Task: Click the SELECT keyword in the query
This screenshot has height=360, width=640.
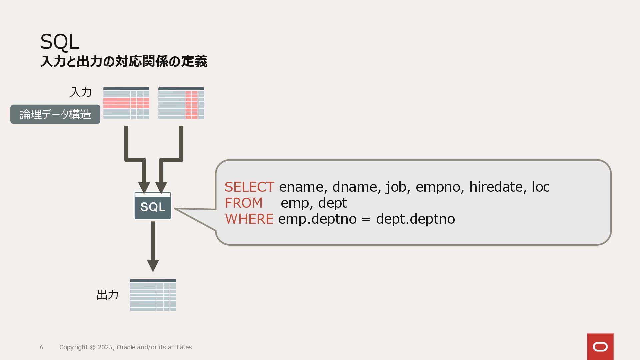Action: pos(249,187)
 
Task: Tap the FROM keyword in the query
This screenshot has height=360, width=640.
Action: pos(244,203)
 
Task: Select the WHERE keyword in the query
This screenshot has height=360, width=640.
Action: pos(249,219)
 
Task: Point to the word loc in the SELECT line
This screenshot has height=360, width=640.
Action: pos(540,187)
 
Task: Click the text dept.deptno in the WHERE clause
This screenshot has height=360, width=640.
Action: pos(415,219)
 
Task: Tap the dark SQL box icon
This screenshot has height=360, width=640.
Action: pos(153,206)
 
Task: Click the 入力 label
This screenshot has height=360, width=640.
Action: pos(81,92)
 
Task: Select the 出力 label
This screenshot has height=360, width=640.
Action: pos(107,295)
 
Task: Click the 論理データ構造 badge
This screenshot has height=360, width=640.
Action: pos(55,114)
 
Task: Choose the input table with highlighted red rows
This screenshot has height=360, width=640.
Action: pos(126,103)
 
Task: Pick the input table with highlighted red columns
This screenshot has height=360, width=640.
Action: pos(181,103)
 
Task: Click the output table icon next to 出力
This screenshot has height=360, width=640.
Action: pos(153,295)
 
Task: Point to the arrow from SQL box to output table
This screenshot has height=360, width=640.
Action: pos(153,247)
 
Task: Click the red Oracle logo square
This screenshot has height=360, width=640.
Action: pos(600,347)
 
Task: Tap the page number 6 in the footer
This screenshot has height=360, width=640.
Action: pos(41,347)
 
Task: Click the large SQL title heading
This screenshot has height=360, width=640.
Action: pos(60,42)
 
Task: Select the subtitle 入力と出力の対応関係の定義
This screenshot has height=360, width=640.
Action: pos(124,62)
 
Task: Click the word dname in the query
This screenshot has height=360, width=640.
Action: pos(355,187)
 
